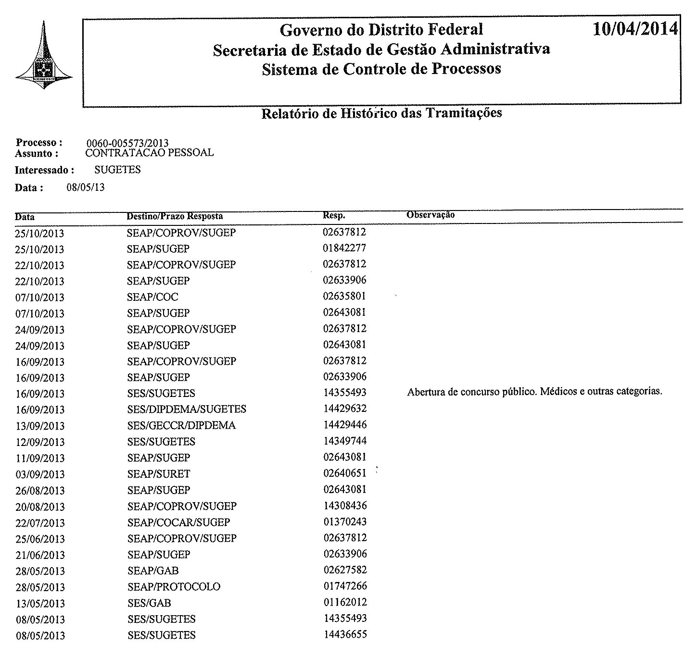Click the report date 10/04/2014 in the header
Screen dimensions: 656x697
(x=635, y=29)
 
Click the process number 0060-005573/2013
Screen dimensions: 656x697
(x=127, y=143)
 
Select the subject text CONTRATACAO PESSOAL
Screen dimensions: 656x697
(x=149, y=153)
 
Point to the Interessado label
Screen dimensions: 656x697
(x=44, y=170)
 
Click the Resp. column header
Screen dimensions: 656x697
(x=334, y=216)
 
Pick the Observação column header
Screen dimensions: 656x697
(x=430, y=215)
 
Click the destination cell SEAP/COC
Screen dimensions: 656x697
(x=152, y=297)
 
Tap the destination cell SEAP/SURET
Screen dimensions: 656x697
(x=159, y=474)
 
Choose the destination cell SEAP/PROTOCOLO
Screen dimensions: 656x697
(x=174, y=587)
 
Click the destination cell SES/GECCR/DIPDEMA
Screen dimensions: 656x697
(x=181, y=425)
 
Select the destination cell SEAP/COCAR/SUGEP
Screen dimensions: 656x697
(x=178, y=522)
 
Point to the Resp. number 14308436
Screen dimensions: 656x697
(x=345, y=506)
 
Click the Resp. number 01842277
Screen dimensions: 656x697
(x=344, y=248)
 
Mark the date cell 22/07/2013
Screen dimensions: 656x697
(x=40, y=523)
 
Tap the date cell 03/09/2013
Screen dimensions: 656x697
(x=40, y=474)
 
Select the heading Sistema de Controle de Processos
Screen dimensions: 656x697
(x=381, y=69)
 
